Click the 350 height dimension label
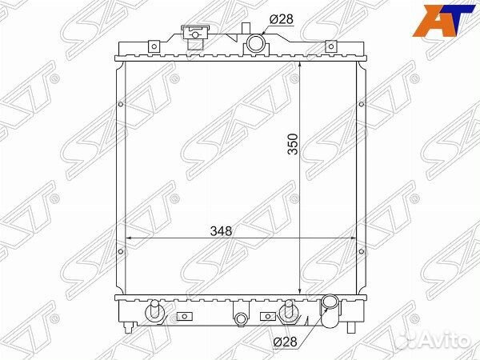tap(293, 144)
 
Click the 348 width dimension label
tap(221, 231)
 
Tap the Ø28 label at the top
tap(282, 19)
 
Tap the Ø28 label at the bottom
tap(285, 342)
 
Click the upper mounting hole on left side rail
tap(121, 104)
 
